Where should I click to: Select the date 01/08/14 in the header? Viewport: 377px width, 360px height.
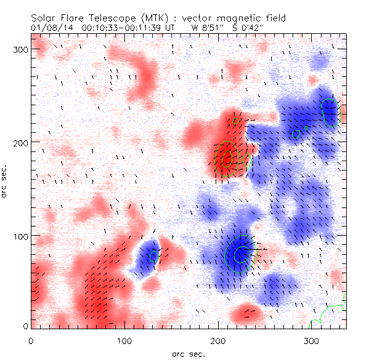click(51, 27)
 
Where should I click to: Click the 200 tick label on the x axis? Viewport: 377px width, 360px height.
click(218, 340)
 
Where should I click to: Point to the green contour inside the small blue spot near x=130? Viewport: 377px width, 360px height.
click(153, 256)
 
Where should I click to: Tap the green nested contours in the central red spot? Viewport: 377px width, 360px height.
click(225, 159)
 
